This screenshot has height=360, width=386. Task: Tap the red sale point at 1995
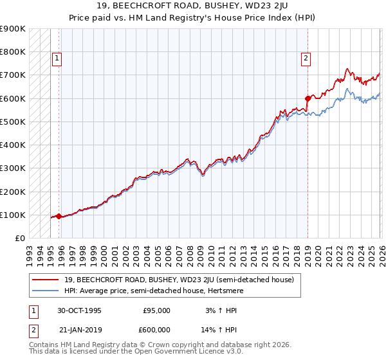coord(59,217)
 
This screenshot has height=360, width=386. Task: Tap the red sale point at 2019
coord(308,98)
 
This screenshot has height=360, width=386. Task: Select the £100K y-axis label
coord(12,215)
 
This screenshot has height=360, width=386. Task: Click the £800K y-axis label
coord(12,51)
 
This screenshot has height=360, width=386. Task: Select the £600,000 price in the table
coord(156,329)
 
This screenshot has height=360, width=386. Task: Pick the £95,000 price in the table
coord(156,310)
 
